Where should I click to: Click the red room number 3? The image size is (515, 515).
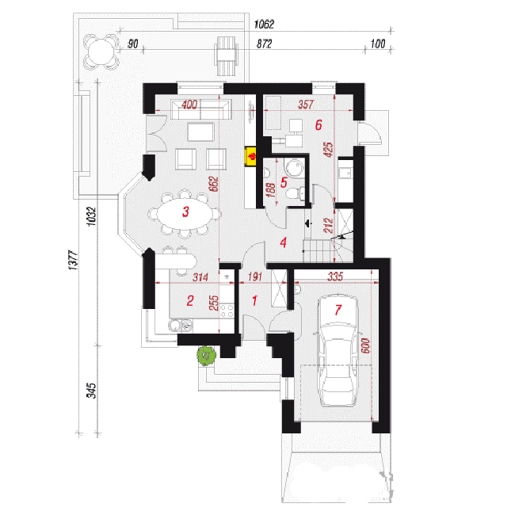185,212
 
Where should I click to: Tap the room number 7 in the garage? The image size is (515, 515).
338,310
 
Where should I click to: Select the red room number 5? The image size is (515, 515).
284,182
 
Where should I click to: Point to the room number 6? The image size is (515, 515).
319,125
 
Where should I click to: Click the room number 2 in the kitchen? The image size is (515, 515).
190,300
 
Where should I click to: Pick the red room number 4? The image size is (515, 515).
283,242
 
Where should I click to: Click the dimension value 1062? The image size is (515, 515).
264,25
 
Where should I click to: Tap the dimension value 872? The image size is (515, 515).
264,44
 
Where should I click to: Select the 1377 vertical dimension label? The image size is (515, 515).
74,260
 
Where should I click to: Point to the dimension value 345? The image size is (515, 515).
92,391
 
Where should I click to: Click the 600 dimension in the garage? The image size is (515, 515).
365,346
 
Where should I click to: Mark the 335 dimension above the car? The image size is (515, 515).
335,277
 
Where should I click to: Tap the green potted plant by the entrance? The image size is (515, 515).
206,356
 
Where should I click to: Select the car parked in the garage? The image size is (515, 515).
338,350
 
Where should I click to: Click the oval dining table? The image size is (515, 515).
185,213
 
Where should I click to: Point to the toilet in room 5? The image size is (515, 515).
296,193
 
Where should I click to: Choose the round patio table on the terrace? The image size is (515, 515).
101,51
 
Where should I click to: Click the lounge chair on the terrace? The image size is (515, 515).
226,55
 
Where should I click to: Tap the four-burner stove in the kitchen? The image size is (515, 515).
227,311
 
